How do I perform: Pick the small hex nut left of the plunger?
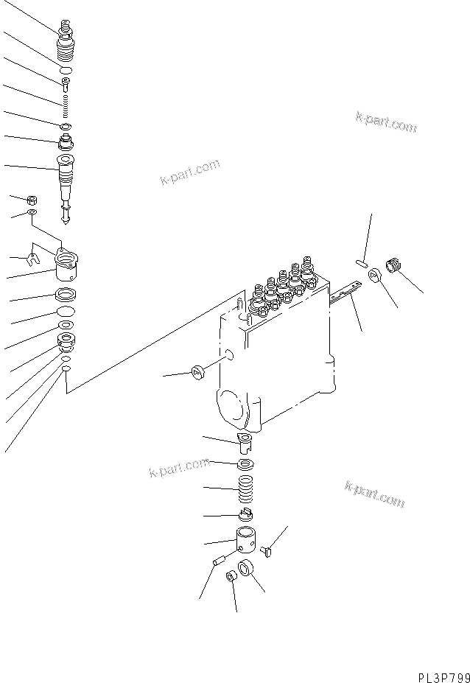[32, 199]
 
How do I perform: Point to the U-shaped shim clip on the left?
[32, 258]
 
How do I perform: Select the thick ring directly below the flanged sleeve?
[66, 296]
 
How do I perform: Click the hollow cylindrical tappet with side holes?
[246, 544]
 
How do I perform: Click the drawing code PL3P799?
[440, 675]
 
